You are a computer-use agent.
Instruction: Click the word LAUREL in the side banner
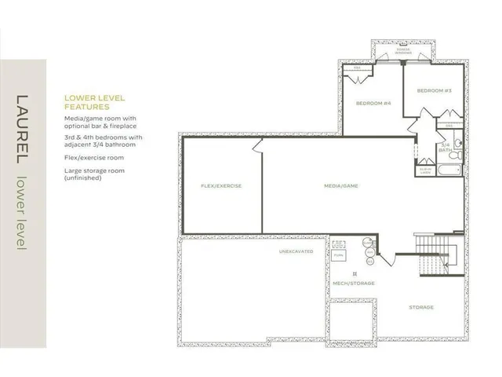coord(22,131)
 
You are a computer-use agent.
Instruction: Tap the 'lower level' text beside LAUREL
coord(22,213)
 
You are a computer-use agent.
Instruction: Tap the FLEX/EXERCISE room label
coord(221,186)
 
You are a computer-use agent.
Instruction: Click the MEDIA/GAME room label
coord(340,186)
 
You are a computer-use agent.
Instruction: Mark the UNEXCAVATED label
coord(296,251)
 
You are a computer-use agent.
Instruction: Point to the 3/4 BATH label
coord(446,146)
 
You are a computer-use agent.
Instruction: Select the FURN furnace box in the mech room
coord(339,255)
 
